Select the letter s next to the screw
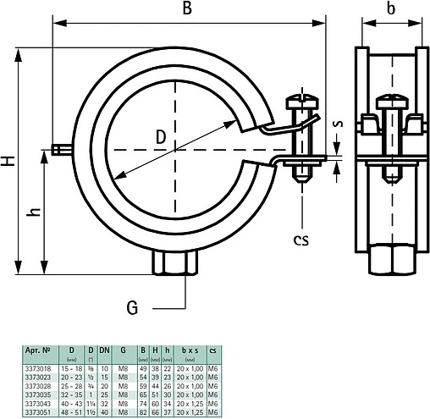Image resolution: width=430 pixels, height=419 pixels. click(338, 124)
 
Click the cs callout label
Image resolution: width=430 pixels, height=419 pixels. click(300, 240)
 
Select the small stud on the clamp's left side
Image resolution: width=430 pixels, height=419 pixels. click(58, 151)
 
